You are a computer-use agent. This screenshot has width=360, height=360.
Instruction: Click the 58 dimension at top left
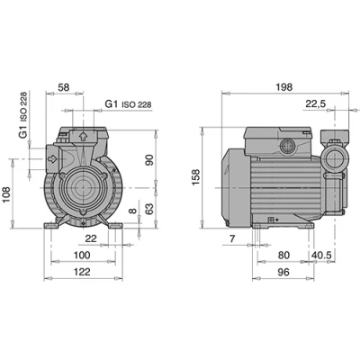(63, 87)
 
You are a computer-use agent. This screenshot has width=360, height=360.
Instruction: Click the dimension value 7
(232, 238)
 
